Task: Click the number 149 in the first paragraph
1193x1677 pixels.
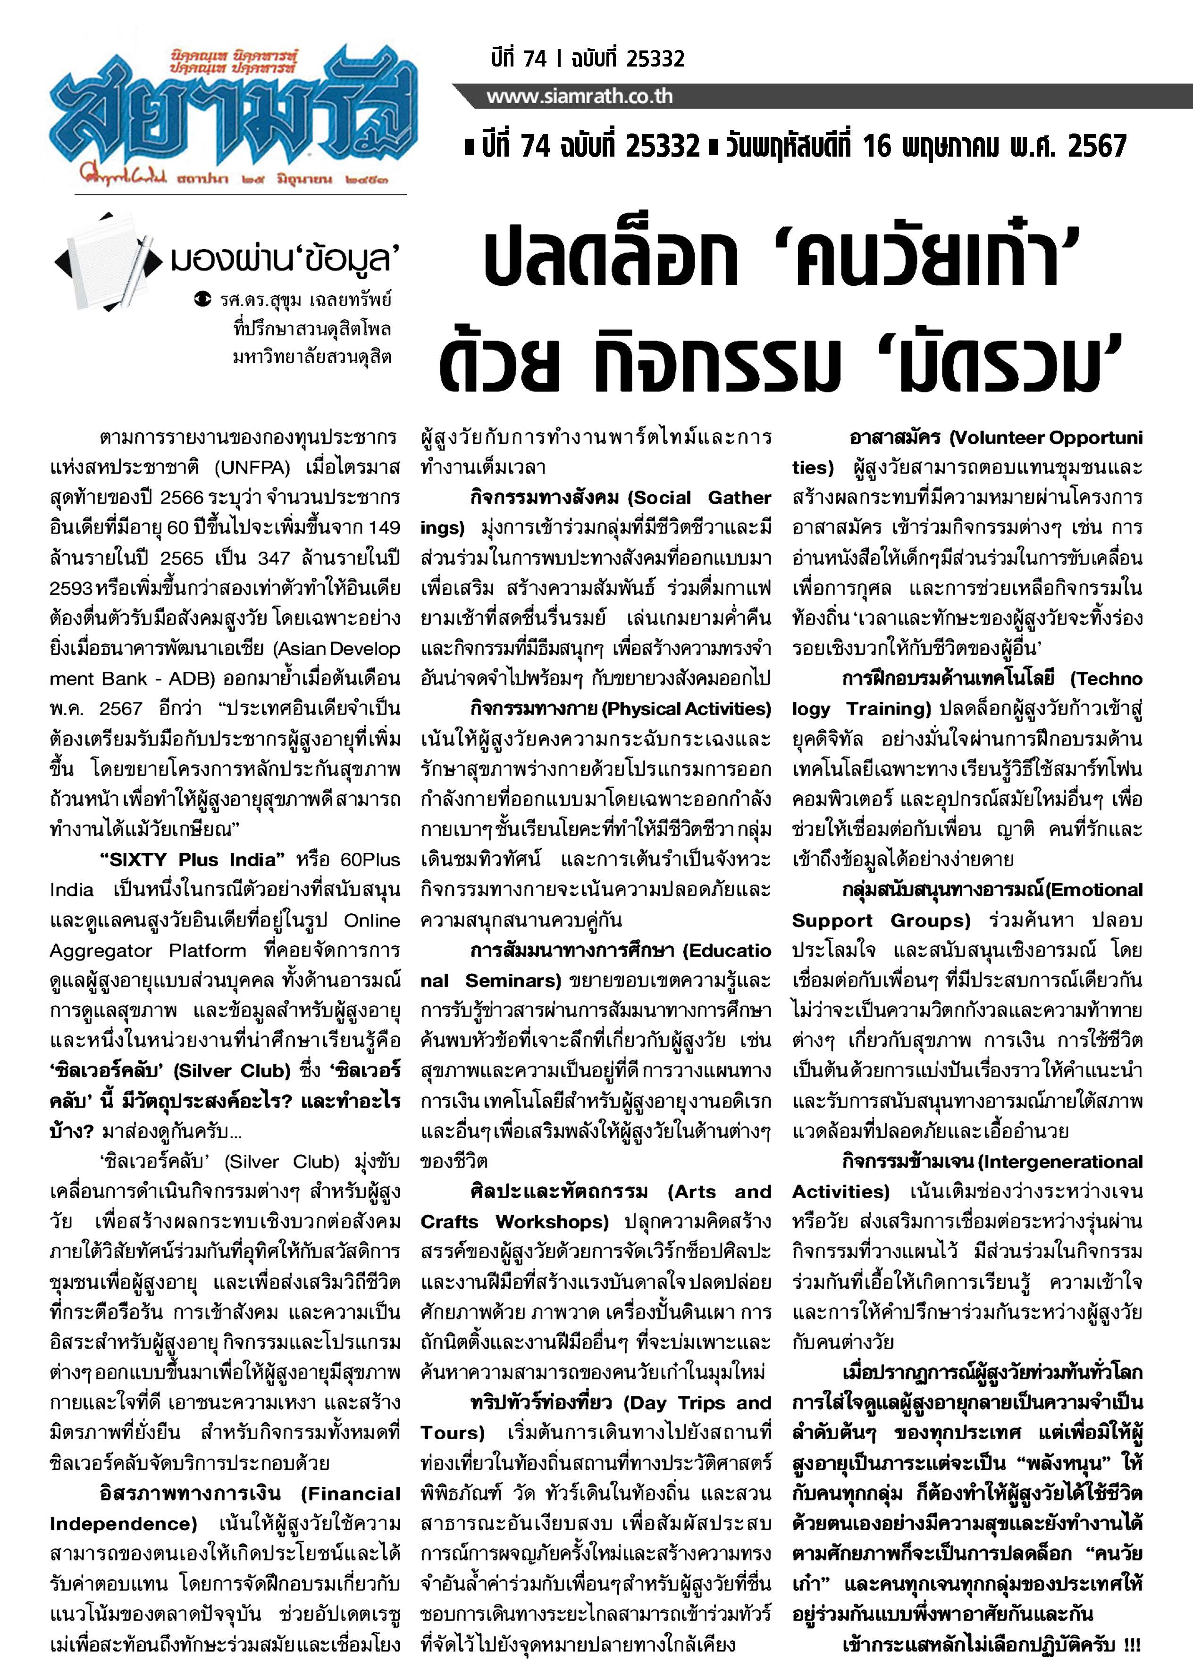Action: pos(384,527)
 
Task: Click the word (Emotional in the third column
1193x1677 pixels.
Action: pos(1094,890)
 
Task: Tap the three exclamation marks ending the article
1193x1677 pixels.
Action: pos(1131,1645)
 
